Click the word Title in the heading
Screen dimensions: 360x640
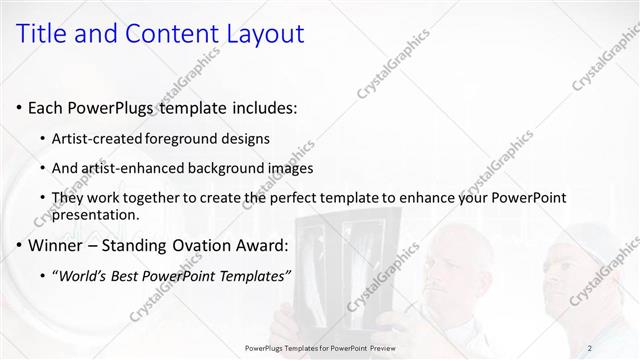tap(43, 34)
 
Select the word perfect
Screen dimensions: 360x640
tap(309, 198)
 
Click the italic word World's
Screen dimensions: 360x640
tap(83, 276)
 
